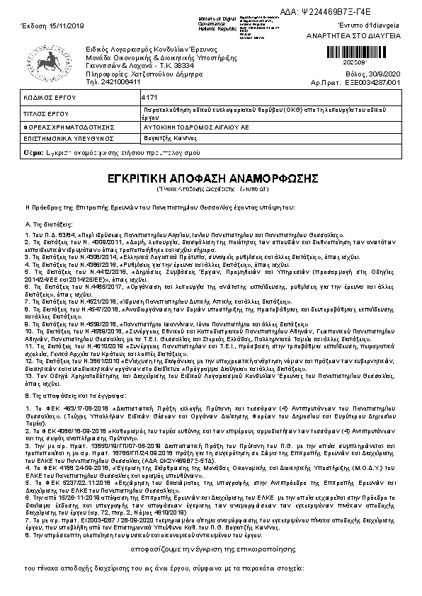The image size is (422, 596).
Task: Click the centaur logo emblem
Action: click(45, 62)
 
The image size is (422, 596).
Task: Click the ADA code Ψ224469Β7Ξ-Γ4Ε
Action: click(375, 13)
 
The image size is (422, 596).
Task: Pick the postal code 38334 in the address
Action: click(167, 64)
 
